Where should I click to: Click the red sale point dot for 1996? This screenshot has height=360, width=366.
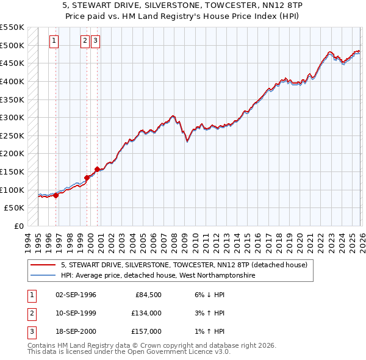(56, 195)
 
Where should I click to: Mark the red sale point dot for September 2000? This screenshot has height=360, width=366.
(98, 169)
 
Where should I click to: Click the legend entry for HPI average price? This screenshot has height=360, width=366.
(157, 276)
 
